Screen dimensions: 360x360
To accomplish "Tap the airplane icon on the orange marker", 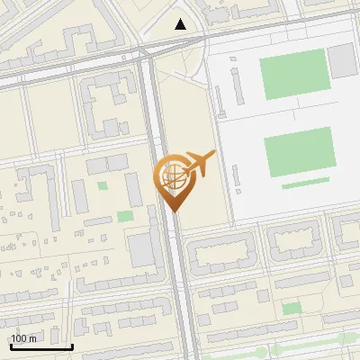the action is tap(198, 164).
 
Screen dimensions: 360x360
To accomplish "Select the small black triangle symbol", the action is tap(181, 24).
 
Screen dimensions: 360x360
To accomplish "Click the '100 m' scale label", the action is tap(23, 338).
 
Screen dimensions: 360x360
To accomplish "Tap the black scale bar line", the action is tap(41, 346).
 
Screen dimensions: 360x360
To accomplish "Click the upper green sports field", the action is tap(293, 75).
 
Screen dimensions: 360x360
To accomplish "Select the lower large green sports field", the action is tap(300, 152).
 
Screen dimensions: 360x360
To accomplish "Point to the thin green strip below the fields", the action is tap(305, 184).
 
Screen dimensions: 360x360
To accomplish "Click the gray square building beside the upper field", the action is tap(342, 59).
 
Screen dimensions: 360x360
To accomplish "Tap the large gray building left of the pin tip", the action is tap(142, 250).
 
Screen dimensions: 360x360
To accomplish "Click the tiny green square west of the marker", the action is tap(102, 186).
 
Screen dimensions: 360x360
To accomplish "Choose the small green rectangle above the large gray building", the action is tap(125, 216).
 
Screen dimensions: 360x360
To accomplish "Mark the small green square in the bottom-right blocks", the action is tap(291, 309).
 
